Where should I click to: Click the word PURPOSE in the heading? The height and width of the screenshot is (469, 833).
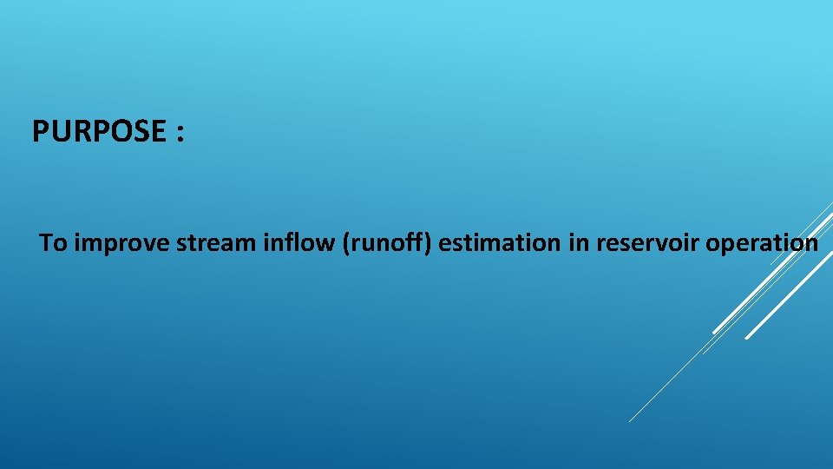[x=97, y=132]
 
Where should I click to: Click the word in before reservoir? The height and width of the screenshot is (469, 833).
[x=578, y=243]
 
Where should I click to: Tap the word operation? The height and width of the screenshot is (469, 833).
[x=763, y=244]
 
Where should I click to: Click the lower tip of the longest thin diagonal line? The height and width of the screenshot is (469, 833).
[x=630, y=421]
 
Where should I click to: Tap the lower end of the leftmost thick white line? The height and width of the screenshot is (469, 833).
[x=714, y=332]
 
